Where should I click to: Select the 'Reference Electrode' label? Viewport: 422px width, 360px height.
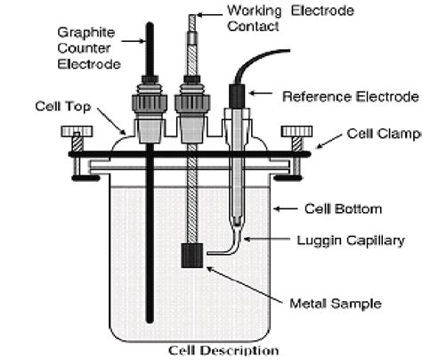point(350,95)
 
